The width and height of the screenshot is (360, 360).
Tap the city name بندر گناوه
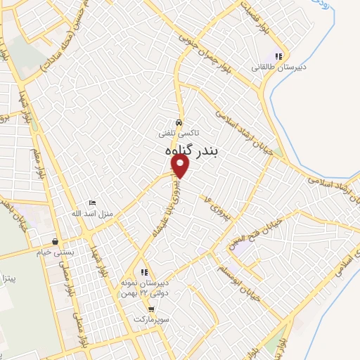pos(181,150)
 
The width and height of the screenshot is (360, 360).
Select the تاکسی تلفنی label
pos(179,131)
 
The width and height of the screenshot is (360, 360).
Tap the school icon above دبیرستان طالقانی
pos(279,56)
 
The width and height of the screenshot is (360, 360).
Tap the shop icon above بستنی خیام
pos(55,239)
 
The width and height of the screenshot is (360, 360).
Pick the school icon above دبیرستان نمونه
pos(143,272)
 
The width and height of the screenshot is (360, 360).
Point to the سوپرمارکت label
pos(150,319)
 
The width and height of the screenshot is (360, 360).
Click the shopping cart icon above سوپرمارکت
pos(150,309)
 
